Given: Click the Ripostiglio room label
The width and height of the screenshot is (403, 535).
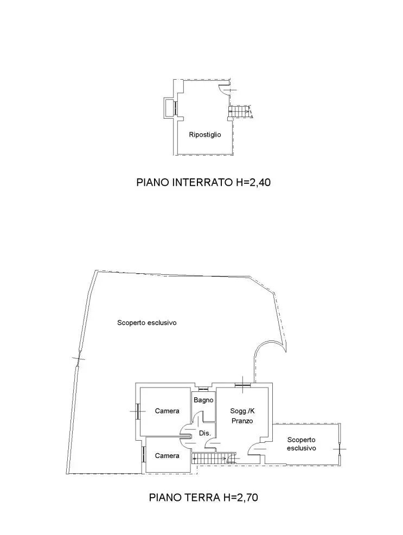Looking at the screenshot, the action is point(205,135).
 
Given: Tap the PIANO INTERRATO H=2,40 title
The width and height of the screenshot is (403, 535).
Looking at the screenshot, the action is point(203,182).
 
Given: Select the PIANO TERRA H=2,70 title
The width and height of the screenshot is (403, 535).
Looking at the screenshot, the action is point(203,498).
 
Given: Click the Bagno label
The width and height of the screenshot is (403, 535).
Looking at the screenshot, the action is point(203,400).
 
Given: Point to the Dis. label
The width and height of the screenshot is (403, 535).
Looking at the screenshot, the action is point(205,433).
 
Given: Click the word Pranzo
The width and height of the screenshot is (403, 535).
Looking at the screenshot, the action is point(242,421).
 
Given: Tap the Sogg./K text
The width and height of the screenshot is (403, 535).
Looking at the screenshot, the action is point(242,411).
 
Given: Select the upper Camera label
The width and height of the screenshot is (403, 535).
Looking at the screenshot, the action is point(167,411).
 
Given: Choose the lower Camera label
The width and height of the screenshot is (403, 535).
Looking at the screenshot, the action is point(167,455).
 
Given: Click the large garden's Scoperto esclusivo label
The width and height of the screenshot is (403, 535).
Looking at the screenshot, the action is point(147,323).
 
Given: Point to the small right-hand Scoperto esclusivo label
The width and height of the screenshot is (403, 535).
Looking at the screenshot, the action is point(301,444).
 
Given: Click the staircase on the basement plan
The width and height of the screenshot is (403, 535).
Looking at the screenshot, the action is point(240,112).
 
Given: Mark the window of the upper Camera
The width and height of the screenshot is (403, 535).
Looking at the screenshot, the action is point(138,411).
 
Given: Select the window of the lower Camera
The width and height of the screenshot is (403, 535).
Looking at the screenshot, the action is point(143,454).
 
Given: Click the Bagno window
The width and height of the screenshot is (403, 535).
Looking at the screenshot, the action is point(203,388).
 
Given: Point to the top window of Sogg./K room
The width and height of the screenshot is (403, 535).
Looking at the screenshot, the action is point(243,385).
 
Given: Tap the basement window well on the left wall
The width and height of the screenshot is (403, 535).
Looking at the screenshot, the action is point(169,108).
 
